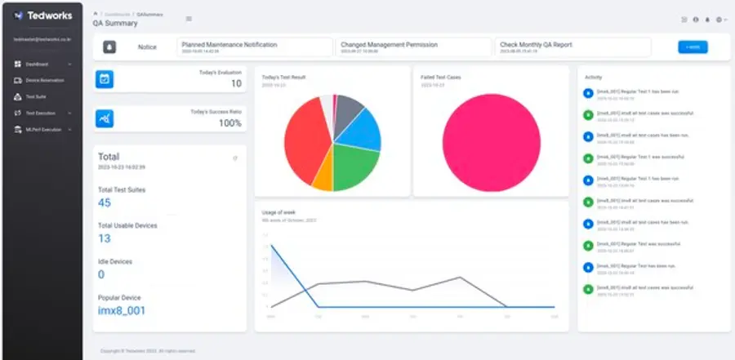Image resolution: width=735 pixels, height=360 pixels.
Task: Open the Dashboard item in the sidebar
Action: pyautogui.click(x=37, y=64)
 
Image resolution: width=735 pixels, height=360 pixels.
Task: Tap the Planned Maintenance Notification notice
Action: pyautogui.click(x=254, y=47)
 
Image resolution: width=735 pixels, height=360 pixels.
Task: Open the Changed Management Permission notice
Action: pyautogui.click(x=413, y=47)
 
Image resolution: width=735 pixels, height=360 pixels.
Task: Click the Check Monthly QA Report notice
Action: pyautogui.click(x=572, y=47)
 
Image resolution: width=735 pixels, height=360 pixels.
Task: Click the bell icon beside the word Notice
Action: pyautogui.click(x=109, y=47)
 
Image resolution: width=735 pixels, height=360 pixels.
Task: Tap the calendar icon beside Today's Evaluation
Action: pyautogui.click(x=105, y=79)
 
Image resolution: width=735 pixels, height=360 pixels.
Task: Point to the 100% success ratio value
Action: pyautogui.click(x=229, y=123)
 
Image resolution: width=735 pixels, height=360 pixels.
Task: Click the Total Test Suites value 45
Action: pyautogui.click(x=105, y=202)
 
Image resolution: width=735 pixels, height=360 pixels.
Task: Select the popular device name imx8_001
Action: pyautogui.click(x=122, y=310)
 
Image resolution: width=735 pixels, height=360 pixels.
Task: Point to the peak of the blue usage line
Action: pyautogui.click(x=270, y=245)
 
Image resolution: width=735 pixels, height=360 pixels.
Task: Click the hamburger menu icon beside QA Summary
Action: pyautogui.click(x=189, y=19)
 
